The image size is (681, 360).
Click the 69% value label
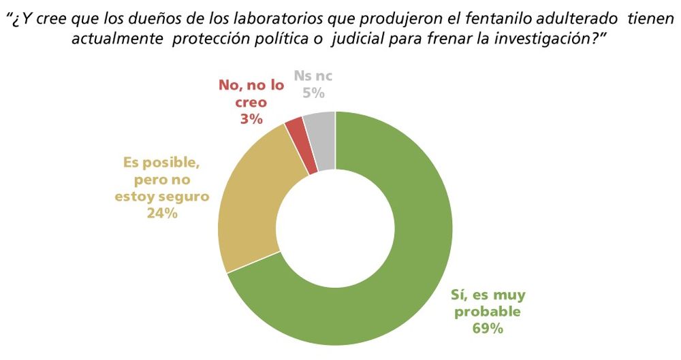pyautogui.click(x=487, y=329)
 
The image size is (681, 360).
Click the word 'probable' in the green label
pyautogui.click(x=488, y=312)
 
